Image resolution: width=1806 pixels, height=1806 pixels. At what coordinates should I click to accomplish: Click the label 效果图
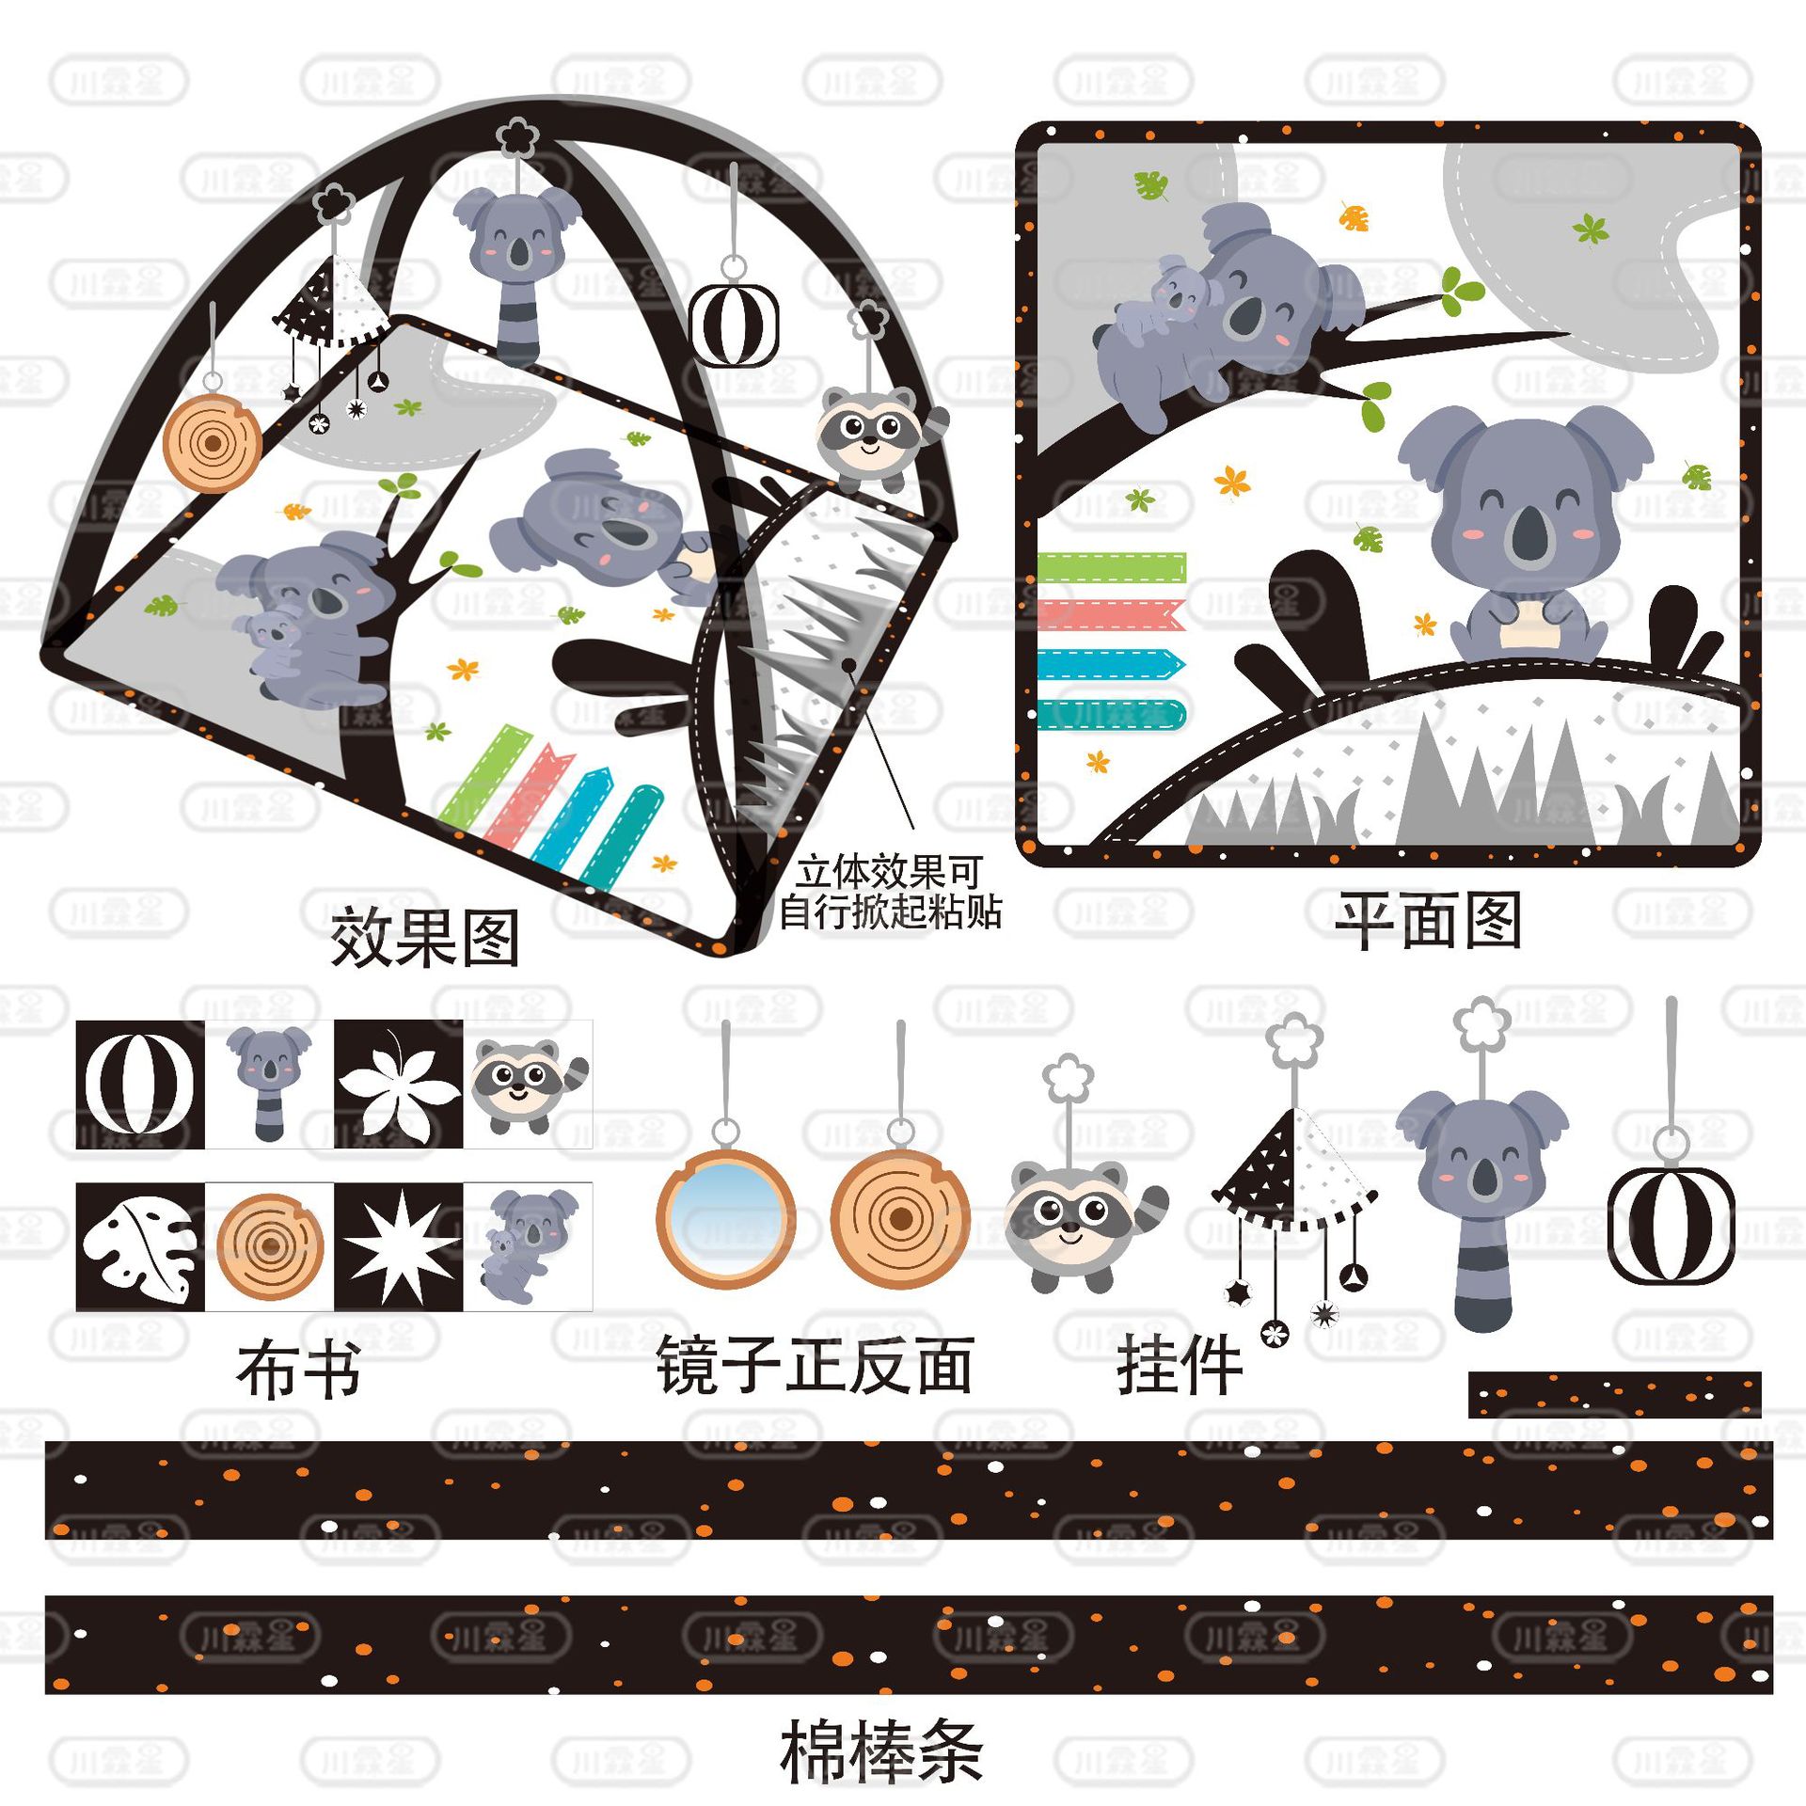(x=425, y=938)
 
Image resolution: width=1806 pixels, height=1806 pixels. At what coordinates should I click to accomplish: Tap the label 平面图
(x=1428, y=921)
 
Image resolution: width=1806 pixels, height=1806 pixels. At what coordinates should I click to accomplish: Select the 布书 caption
(x=299, y=1371)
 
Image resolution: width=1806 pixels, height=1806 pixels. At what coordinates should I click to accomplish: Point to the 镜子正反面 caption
(x=815, y=1366)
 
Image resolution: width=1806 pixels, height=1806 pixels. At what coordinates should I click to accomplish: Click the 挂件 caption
(x=1180, y=1367)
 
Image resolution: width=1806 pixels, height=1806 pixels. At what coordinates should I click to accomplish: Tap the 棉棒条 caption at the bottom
(x=881, y=1751)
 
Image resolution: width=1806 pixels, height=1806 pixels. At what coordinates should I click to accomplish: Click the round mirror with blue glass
(x=725, y=1218)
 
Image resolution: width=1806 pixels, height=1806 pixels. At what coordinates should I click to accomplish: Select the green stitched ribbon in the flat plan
(x=1111, y=568)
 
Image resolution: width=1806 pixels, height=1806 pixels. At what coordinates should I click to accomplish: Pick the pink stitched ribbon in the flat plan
(x=1111, y=615)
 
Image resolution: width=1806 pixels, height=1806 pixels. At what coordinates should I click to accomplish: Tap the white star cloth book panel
(x=399, y=1247)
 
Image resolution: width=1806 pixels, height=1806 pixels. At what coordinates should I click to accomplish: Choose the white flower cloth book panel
(x=399, y=1085)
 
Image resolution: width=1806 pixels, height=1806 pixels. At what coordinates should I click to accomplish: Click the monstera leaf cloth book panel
(x=140, y=1247)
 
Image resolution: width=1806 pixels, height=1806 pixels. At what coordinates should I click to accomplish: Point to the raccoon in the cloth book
(x=527, y=1085)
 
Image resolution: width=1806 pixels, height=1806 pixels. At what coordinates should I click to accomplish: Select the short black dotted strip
(x=1614, y=1394)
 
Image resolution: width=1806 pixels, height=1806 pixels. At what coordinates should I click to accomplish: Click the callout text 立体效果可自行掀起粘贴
(x=889, y=892)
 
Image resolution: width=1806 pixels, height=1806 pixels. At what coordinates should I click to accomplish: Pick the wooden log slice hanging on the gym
(x=213, y=443)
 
